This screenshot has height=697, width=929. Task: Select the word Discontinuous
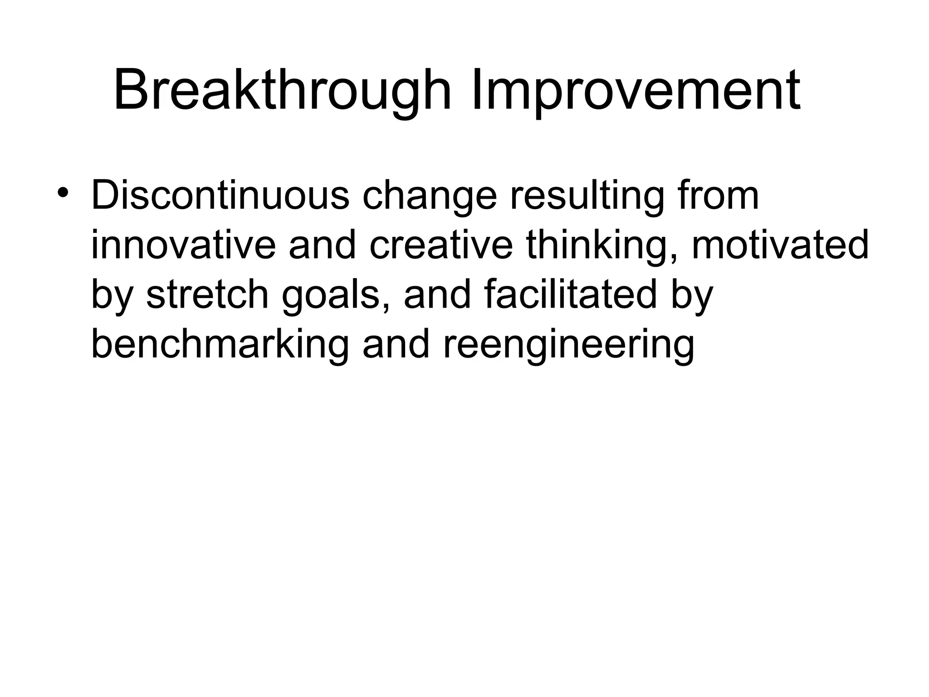tap(220, 196)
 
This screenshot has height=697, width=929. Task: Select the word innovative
tap(183, 245)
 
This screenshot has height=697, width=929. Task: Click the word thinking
tap(603, 246)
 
